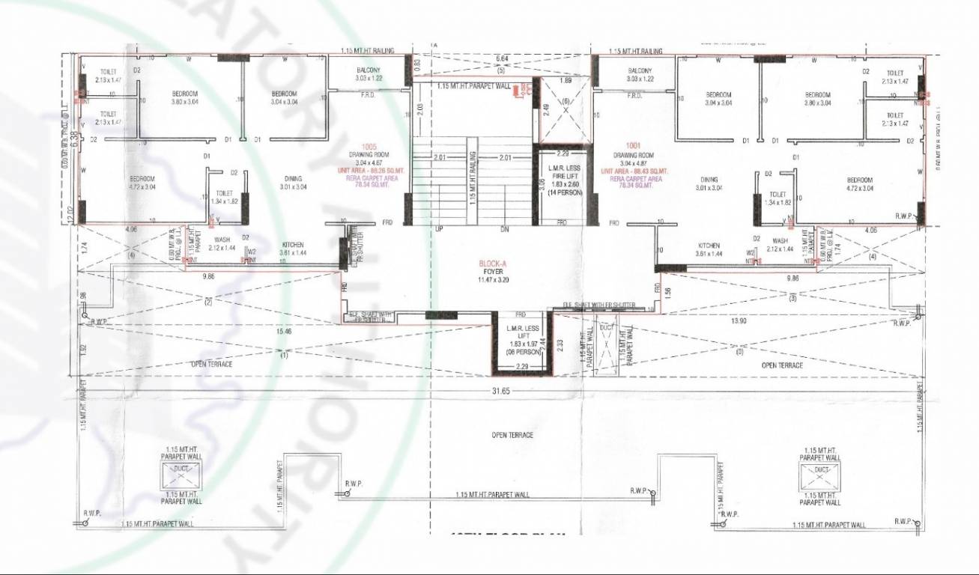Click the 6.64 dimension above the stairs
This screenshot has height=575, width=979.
coord(502,58)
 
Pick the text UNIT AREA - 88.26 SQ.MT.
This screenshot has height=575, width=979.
coord(366,171)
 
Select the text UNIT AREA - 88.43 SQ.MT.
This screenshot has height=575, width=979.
coord(634,171)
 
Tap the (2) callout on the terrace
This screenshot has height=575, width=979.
coord(208,302)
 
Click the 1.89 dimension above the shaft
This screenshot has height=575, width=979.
coord(566,80)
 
